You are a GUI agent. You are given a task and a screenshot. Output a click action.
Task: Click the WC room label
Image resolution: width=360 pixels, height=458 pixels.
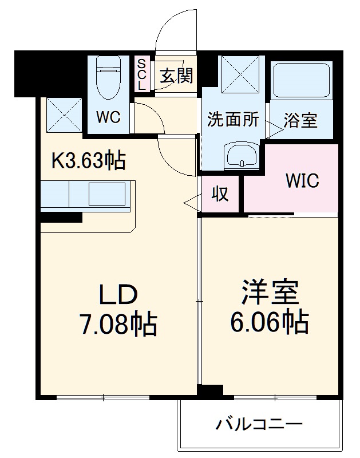108,117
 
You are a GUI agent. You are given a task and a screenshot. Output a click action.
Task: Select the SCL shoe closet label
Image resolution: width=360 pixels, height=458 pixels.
142,73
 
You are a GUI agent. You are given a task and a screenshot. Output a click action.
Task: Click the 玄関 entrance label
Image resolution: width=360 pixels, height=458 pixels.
176,76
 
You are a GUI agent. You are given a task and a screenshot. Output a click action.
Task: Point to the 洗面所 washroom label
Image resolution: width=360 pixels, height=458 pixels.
233,120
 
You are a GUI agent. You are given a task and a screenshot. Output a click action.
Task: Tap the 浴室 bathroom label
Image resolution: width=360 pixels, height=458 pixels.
300,121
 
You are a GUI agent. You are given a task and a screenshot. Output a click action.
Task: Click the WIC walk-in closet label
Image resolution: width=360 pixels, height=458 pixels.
302,181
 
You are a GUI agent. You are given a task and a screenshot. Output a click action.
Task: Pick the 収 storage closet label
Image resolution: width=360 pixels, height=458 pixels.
221,194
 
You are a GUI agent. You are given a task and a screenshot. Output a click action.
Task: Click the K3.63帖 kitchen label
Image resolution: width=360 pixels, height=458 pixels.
89,161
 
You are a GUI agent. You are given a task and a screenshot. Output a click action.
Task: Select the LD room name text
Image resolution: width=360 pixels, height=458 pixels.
118,295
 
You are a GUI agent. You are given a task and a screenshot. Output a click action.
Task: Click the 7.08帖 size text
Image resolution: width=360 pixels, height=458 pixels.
118,325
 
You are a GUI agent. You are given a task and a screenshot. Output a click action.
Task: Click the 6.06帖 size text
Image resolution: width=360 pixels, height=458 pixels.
270,323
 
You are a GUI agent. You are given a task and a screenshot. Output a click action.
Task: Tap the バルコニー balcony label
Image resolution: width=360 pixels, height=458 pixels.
259,425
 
